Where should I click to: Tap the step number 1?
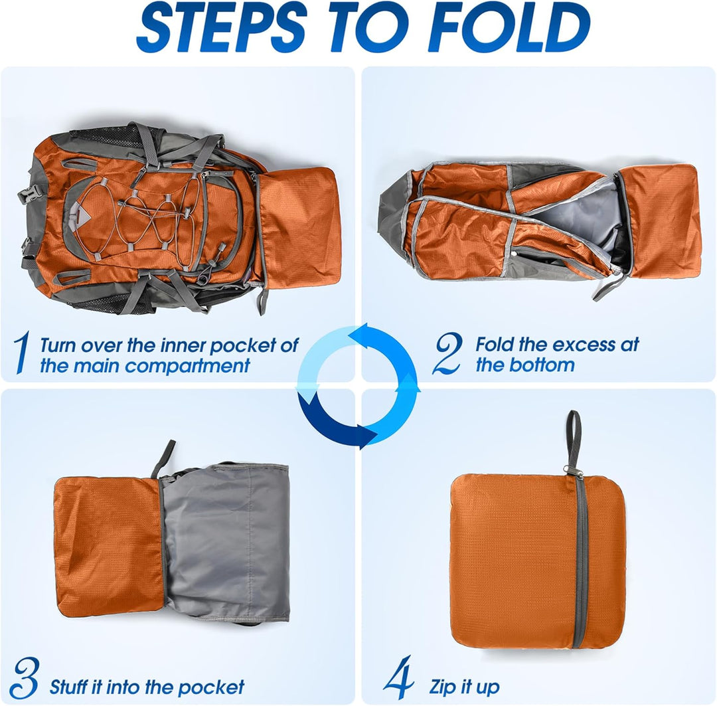coord(21,353)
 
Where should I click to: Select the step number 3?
coord(24,678)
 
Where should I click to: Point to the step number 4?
coord(398,678)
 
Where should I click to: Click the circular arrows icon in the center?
coord(358,385)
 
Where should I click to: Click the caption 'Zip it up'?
coord(464,686)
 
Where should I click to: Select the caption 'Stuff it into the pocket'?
coord(147,686)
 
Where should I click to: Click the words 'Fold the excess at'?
coord(556,345)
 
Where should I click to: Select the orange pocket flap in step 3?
coord(110,545)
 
